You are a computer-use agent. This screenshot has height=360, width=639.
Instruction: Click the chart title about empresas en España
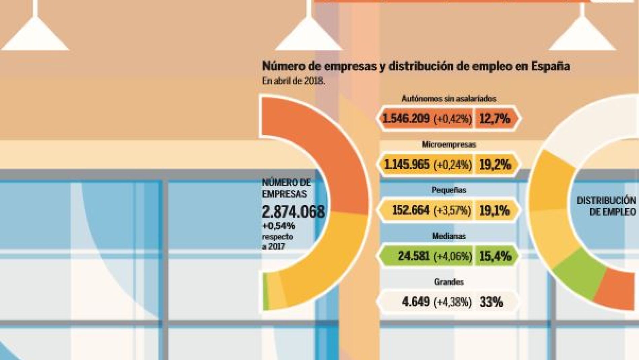click(416, 66)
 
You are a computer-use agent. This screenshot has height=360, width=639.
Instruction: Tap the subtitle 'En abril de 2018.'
click(294, 81)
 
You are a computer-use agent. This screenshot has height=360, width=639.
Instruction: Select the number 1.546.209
click(406, 119)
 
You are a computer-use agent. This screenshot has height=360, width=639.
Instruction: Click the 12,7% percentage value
click(495, 119)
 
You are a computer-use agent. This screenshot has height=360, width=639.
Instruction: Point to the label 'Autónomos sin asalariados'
click(449, 99)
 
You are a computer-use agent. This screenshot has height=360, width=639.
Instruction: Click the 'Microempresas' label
click(449, 144)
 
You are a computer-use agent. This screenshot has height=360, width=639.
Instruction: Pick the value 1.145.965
click(407, 165)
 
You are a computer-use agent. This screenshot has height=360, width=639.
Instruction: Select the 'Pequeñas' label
click(449, 190)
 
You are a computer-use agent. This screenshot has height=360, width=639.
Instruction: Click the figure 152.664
click(410, 210)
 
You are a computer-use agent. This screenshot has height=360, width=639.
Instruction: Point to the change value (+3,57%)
click(452, 210)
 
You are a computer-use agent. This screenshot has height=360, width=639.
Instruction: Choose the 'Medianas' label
click(449, 236)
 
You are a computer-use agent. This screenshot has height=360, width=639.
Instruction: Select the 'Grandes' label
click(449, 282)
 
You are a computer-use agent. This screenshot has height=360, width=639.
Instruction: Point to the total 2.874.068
click(293, 212)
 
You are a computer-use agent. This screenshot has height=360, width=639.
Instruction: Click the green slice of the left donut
click(266, 292)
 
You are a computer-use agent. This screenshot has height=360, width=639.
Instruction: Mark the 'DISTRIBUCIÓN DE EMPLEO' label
click(606, 206)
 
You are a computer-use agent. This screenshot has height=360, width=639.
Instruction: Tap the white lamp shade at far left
click(35, 35)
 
